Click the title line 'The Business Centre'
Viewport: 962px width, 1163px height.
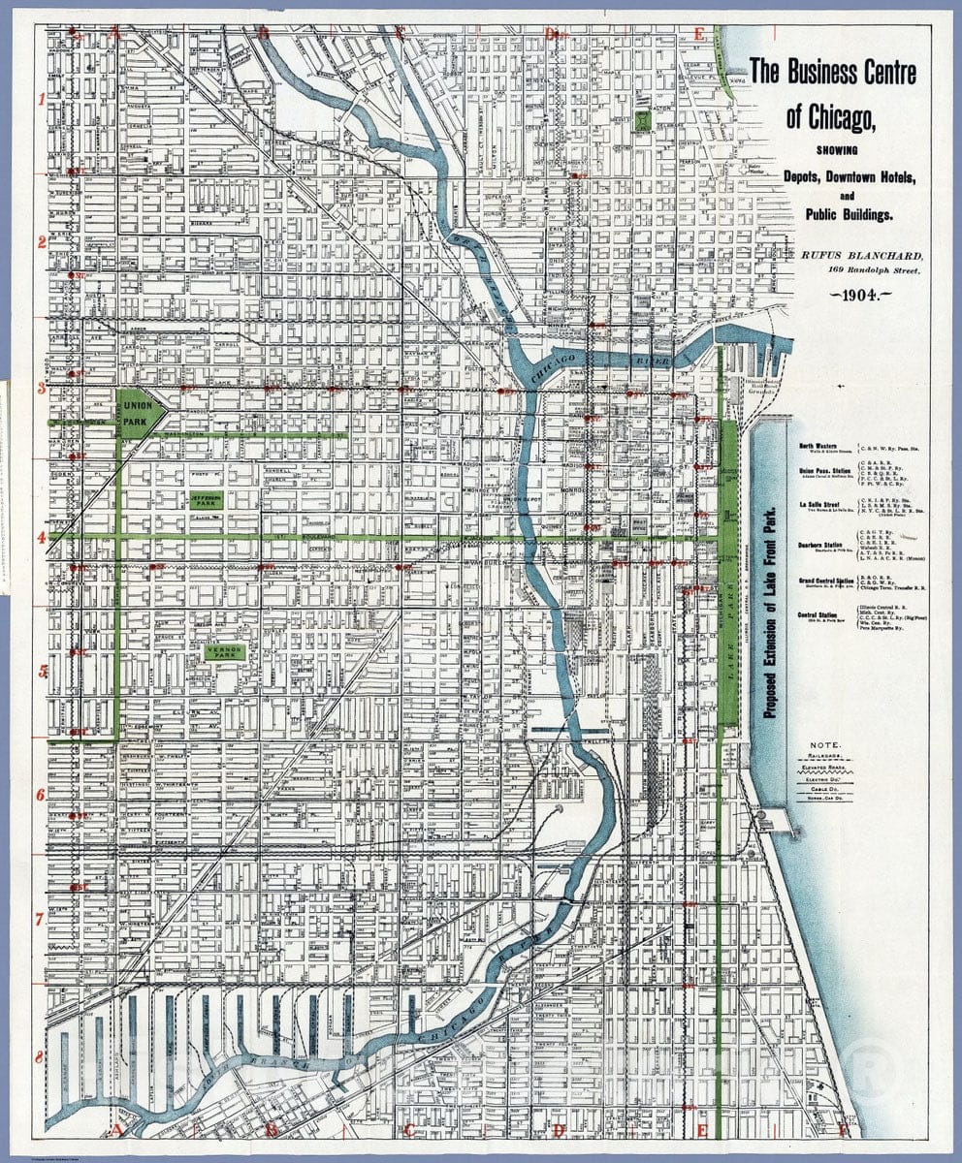click(x=832, y=71)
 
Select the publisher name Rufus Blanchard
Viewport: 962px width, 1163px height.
click(x=854, y=254)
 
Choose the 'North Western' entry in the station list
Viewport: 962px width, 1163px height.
click(x=819, y=446)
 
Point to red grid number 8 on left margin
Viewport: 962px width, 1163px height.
click(x=40, y=1056)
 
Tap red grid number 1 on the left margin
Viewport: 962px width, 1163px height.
click(x=41, y=100)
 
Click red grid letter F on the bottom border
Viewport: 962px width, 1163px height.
click(x=843, y=1130)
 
